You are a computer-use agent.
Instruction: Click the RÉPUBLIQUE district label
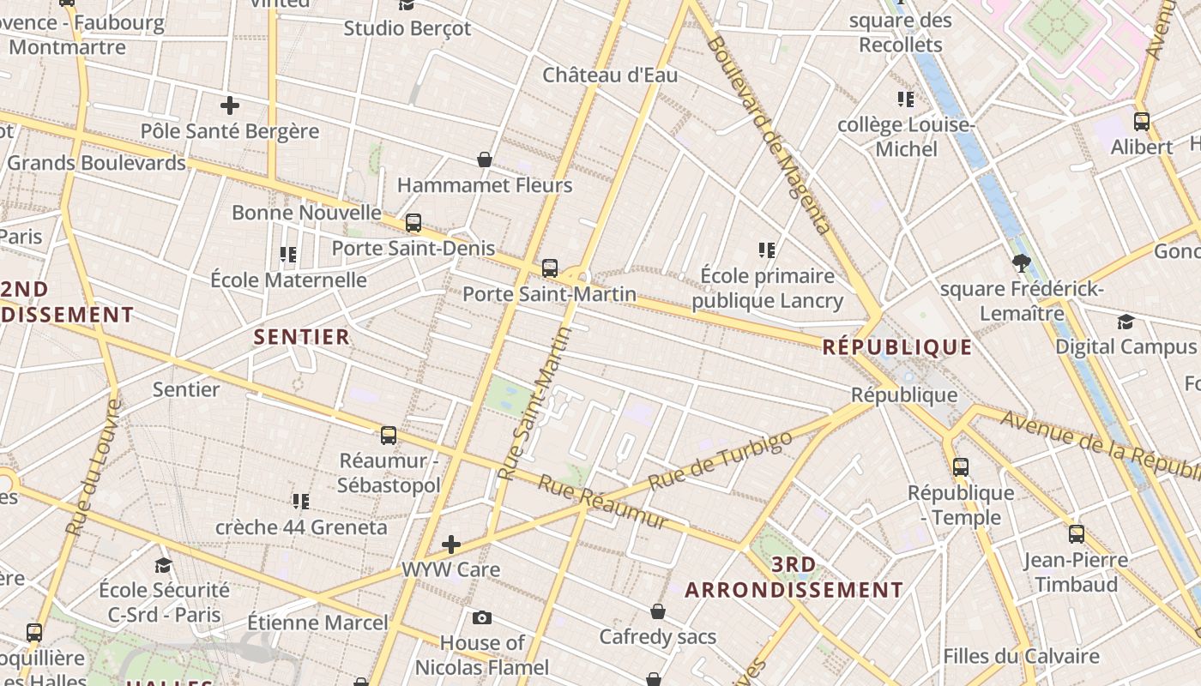[x=897, y=347]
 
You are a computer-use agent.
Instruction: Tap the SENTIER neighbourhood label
[x=302, y=337]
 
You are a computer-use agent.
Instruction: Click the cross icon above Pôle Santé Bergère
[x=229, y=106]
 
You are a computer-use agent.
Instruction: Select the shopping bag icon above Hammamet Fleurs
[x=485, y=159]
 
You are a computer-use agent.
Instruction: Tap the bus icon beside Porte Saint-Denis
[x=413, y=223]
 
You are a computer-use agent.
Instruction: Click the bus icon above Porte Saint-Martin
[x=550, y=268]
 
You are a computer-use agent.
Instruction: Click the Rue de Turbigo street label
[x=721, y=460]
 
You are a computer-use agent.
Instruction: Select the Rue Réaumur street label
[x=602, y=502]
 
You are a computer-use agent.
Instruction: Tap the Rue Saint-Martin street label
[x=534, y=403]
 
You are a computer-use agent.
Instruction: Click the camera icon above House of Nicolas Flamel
[x=482, y=617]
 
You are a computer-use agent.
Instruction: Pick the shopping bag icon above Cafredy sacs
[x=657, y=611]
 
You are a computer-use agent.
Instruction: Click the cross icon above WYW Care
[x=451, y=544]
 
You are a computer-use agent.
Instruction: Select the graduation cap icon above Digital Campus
[x=1126, y=322]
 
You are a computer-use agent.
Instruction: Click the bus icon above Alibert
[x=1141, y=122]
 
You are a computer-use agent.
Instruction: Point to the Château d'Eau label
[x=610, y=75]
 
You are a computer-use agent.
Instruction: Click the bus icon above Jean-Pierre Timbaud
[x=1076, y=534]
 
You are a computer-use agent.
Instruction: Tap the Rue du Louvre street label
[x=91, y=468]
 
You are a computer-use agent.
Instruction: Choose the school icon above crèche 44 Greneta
[x=300, y=501]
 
